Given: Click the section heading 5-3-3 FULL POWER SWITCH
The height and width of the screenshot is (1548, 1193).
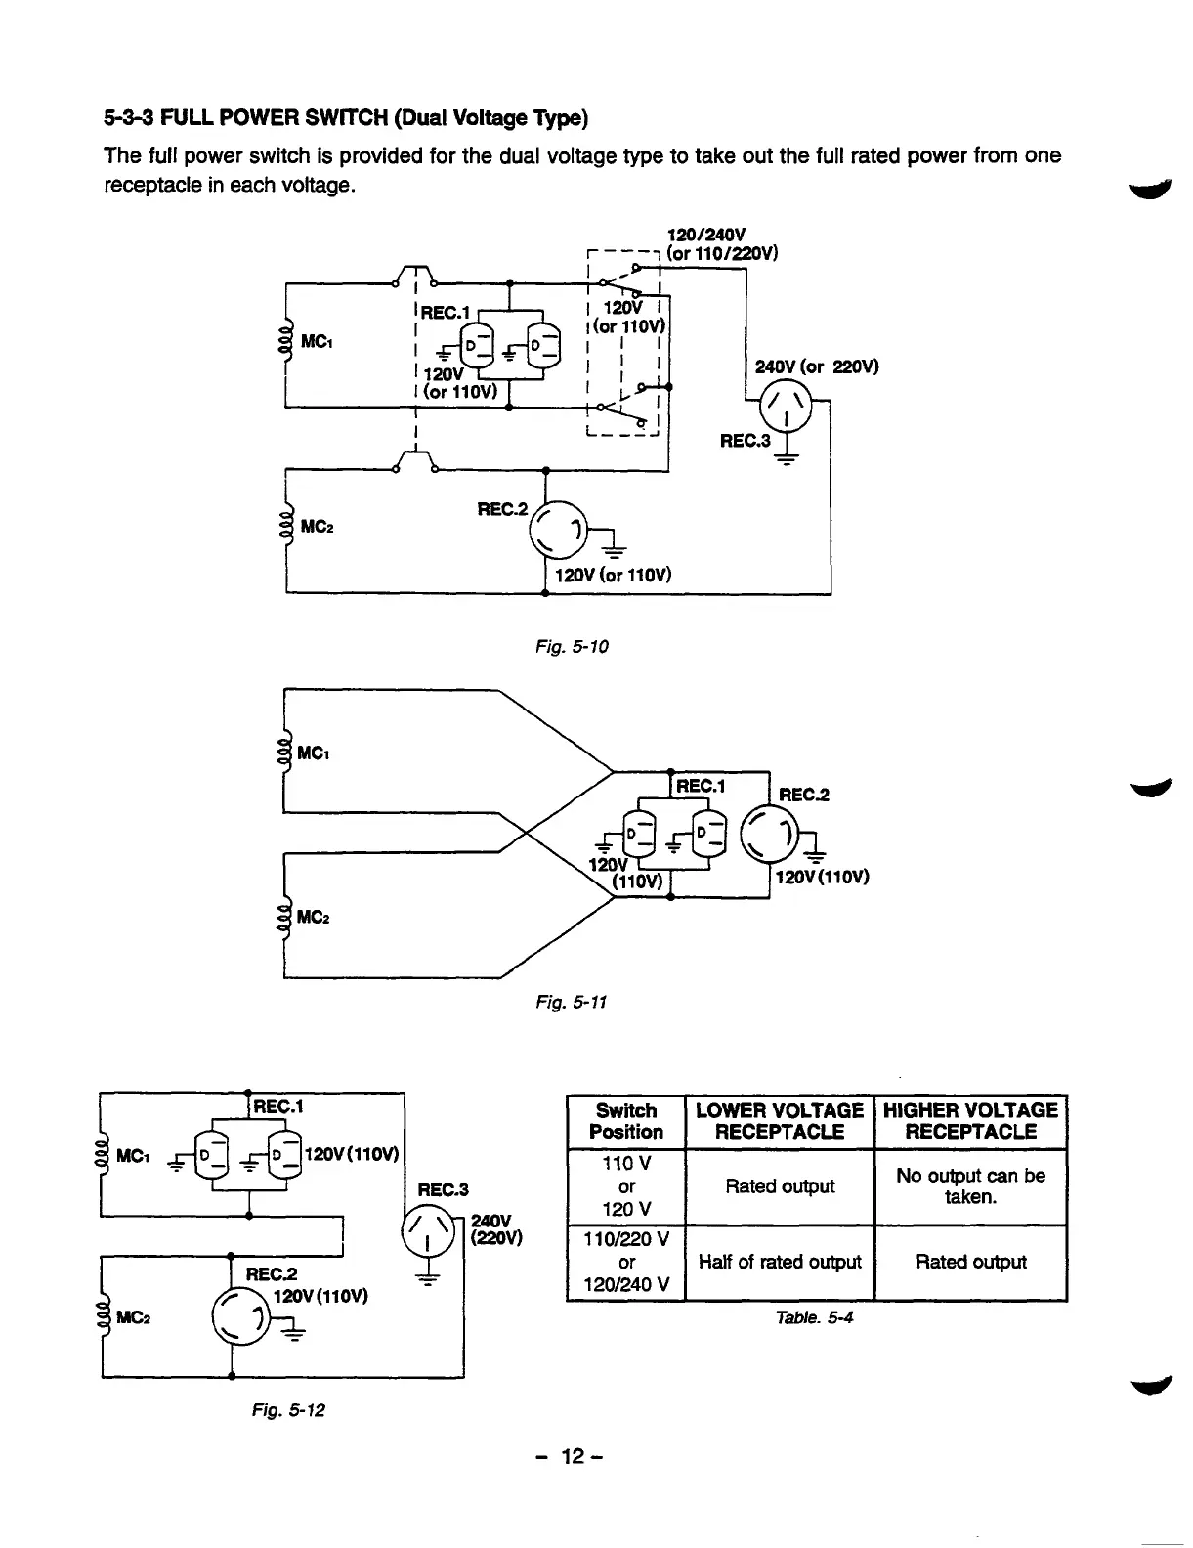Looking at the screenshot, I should [x=346, y=119].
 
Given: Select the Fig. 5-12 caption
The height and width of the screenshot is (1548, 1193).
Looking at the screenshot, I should [x=289, y=1410].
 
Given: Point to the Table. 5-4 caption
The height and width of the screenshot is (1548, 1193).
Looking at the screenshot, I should [x=814, y=1317].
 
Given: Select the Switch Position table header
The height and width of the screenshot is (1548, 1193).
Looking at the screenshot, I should [x=626, y=1122].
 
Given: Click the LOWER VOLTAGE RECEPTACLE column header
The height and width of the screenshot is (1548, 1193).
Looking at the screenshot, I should [x=779, y=1122].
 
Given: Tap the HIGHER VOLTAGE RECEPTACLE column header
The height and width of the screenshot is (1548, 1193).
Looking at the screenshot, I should [x=970, y=1122].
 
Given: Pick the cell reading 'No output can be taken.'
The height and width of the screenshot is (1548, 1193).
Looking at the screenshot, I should [x=970, y=1186].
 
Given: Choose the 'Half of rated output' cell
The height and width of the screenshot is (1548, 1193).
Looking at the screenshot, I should [x=779, y=1262].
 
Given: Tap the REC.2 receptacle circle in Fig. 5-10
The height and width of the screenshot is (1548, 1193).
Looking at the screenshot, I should [x=558, y=532].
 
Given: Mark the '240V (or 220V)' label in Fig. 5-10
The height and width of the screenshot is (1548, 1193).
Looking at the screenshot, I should [x=817, y=367].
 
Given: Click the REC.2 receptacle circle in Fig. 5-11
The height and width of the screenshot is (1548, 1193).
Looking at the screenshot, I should [x=771, y=834].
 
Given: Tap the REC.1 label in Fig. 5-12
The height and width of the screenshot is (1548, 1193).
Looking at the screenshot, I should [x=279, y=1106].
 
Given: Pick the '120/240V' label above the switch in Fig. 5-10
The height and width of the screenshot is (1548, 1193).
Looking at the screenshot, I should [x=705, y=235].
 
